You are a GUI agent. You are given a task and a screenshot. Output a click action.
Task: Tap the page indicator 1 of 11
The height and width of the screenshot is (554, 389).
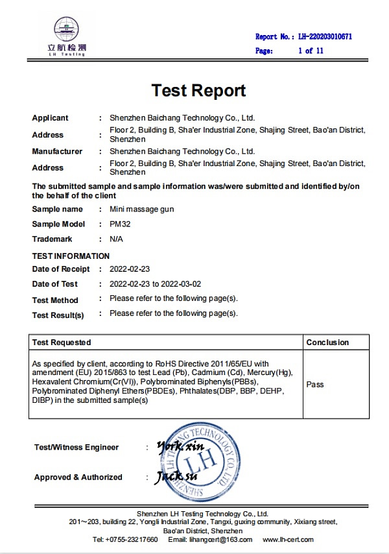[310, 51]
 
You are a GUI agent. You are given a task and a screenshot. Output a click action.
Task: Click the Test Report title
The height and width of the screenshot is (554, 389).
[198, 90]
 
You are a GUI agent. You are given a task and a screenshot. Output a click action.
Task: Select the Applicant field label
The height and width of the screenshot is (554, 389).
[50, 118]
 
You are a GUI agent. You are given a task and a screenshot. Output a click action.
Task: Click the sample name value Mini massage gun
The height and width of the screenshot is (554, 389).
[142, 210]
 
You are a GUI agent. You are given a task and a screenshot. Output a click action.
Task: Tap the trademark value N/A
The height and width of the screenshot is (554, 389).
[117, 239]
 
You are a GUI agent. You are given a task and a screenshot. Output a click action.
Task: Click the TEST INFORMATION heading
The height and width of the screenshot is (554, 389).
[71, 256]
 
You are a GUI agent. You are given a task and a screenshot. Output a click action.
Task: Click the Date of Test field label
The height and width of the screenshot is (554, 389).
[55, 284]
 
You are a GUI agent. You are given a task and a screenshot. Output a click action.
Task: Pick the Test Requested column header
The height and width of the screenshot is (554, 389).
[62, 343]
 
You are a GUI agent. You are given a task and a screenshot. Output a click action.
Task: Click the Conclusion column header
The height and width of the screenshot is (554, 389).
[327, 343]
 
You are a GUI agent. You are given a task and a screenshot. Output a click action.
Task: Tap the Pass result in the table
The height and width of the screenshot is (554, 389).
[315, 385]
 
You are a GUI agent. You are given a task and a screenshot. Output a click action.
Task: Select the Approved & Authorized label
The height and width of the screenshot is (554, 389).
[78, 477]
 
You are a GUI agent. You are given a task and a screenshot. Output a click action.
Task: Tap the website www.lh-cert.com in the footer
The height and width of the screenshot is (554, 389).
[288, 540]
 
